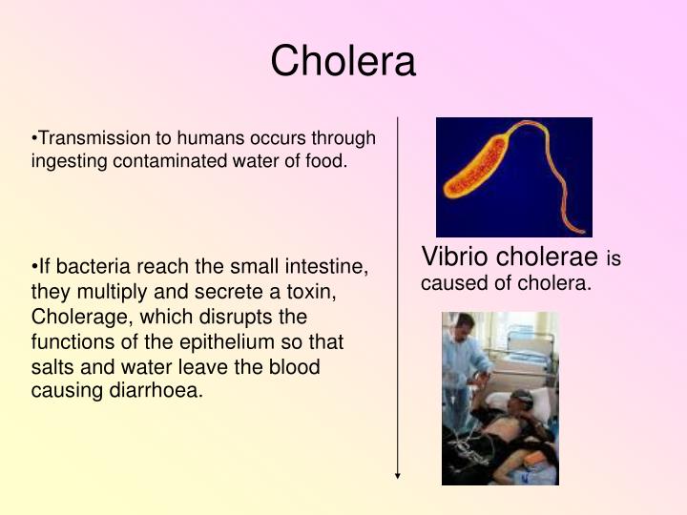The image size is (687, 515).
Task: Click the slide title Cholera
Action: pos(343,61)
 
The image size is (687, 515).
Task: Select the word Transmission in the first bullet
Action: pos(84,139)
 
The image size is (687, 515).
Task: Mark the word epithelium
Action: pos(239,341)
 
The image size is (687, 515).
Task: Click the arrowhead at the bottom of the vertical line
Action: pos(398,474)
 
